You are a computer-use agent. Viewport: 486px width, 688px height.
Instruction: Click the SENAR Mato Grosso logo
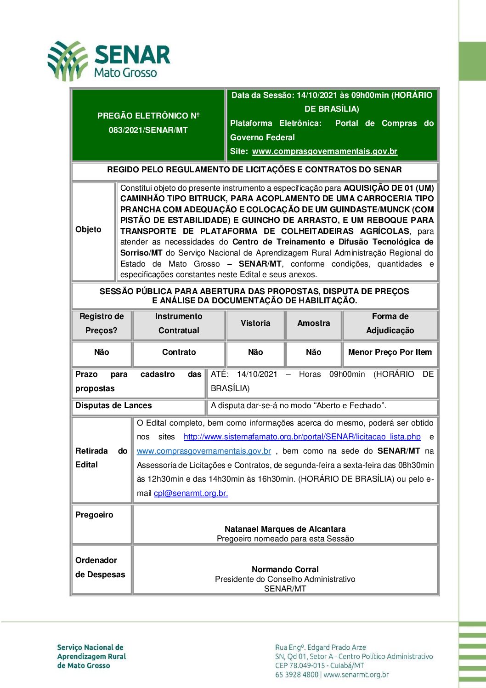tap(109, 61)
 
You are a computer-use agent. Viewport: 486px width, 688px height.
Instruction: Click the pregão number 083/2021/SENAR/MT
tap(148, 130)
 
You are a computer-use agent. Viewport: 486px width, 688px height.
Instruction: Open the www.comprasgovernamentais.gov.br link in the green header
tap(324, 151)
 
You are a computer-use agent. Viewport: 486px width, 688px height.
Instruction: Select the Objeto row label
tap(88, 229)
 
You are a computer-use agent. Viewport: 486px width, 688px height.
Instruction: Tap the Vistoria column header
tap(255, 323)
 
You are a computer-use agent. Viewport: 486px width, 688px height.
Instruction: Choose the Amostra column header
tap(313, 323)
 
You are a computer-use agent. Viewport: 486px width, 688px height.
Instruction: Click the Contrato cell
tap(179, 352)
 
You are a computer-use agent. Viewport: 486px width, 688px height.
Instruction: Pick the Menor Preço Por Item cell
tap(390, 352)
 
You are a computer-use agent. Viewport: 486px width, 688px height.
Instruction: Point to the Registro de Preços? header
tap(102, 323)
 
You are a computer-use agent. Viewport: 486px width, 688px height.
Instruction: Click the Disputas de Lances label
tap(113, 405)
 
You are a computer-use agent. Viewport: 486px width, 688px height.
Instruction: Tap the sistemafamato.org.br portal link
tap(302, 437)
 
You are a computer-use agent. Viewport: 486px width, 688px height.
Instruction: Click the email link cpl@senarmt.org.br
tap(191, 493)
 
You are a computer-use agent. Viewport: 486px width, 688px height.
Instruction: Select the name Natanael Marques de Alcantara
tap(285, 529)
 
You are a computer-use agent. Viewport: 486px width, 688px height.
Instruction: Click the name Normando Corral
tap(285, 569)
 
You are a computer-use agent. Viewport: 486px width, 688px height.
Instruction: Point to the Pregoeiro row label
tap(94, 515)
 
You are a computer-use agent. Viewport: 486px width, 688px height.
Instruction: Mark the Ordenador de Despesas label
tap(100, 567)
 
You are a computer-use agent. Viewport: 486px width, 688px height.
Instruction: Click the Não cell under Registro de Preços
tap(102, 352)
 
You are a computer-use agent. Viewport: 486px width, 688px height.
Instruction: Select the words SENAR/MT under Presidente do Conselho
tap(285, 589)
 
